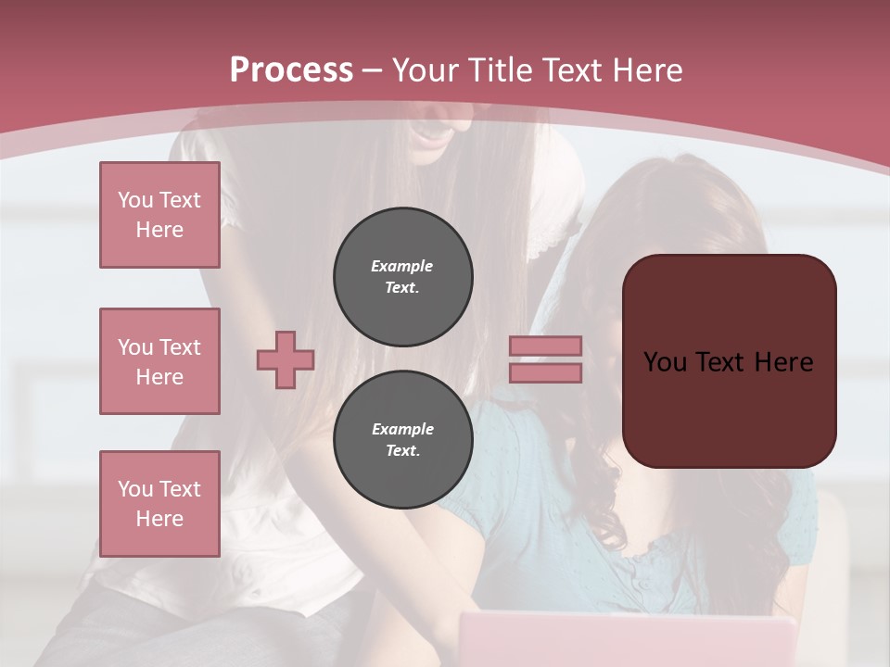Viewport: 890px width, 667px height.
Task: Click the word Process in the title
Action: tap(291, 70)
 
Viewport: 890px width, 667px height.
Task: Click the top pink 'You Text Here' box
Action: tap(159, 215)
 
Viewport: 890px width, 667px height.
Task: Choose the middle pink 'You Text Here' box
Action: tap(159, 361)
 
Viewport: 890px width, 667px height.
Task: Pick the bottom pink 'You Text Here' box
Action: tap(159, 504)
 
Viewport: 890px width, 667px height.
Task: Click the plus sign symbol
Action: tap(286, 359)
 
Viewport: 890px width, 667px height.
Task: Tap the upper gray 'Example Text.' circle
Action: tap(403, 277)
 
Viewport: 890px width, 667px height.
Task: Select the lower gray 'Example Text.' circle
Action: tap(403, 440)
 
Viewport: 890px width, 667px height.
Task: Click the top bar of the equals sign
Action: tap(546, 346)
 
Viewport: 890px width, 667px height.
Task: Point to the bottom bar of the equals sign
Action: tap(546, 373)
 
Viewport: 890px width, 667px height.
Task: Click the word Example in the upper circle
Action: tap(402, 266)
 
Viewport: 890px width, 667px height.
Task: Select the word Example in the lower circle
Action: tap(402, 429)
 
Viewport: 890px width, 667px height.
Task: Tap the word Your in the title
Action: tap(423, 70)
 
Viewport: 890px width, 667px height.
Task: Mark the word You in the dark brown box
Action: tap(665, 362)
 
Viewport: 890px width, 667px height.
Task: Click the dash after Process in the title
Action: tap(373, 70)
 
